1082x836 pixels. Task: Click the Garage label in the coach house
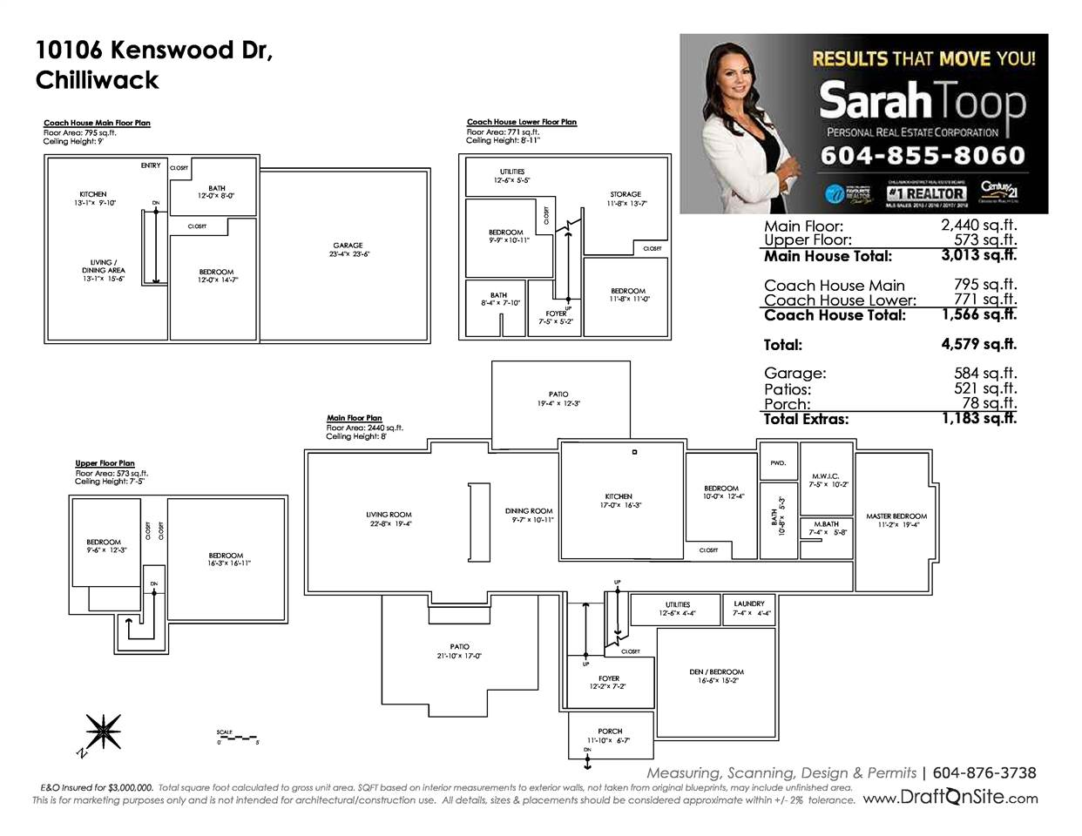click(347, 246)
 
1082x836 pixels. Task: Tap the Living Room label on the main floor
click(389, 515)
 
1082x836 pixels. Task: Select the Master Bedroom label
click(896, 516)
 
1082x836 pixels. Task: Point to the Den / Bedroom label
click(716, 672)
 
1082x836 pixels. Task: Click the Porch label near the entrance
click(610, 731)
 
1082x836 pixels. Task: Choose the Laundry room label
click(749, 603)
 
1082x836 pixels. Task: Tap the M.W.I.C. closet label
click(823, 476)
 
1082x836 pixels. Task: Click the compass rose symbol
click(104, 729)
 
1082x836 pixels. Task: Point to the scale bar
click(238, 737)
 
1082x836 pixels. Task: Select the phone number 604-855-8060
click(922, 156)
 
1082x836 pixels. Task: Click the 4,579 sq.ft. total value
click(978, 344)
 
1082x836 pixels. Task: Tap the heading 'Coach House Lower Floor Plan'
click(521, 123)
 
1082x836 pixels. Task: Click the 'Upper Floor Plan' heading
click(105, 464)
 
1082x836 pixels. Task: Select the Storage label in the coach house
click(625, 194)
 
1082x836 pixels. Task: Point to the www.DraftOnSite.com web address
click(950, 798)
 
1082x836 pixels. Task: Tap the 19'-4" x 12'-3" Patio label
click(558, 399)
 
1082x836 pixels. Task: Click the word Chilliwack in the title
click(97, 80)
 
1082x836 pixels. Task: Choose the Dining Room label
click(529, 511)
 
